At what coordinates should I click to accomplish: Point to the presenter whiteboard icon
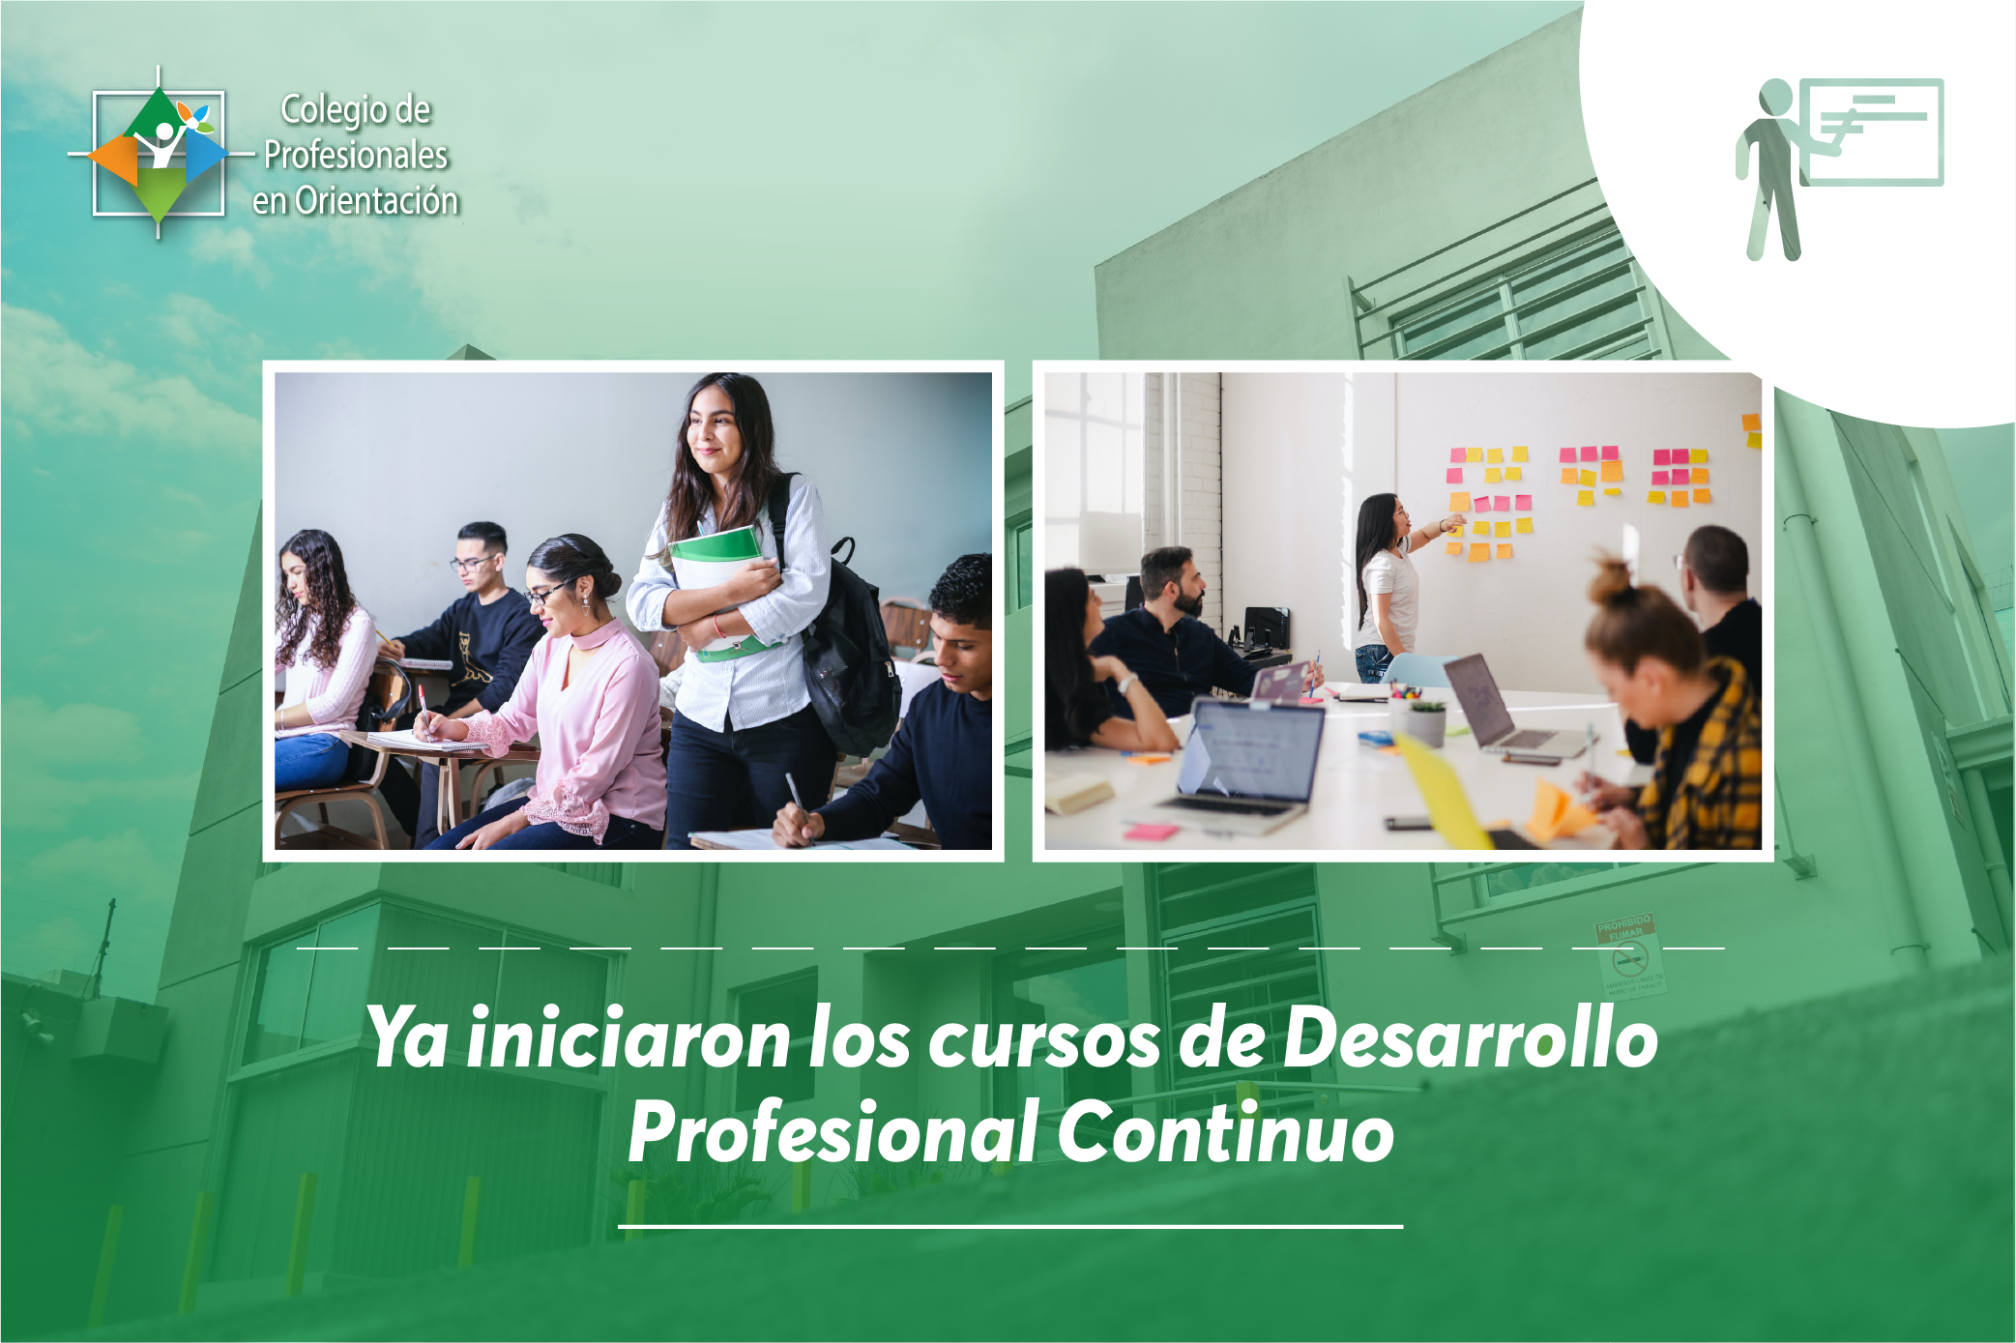(x=1838, y=168)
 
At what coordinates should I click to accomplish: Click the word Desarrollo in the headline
(x=1471, y=1036)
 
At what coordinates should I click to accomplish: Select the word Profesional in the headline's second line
(x=833, y=1131)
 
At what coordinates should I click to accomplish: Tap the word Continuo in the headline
(x=1226, y=1131)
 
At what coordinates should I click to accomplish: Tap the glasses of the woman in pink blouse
(x=547, y=592)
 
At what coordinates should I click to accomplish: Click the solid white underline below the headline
(x=1010, y=1226)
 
